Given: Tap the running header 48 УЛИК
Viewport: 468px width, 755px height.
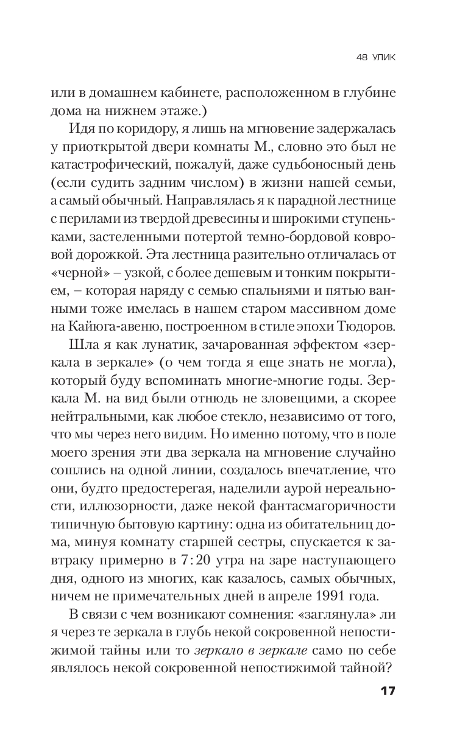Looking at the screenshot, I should pyautogui.click(x=379, y=58).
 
